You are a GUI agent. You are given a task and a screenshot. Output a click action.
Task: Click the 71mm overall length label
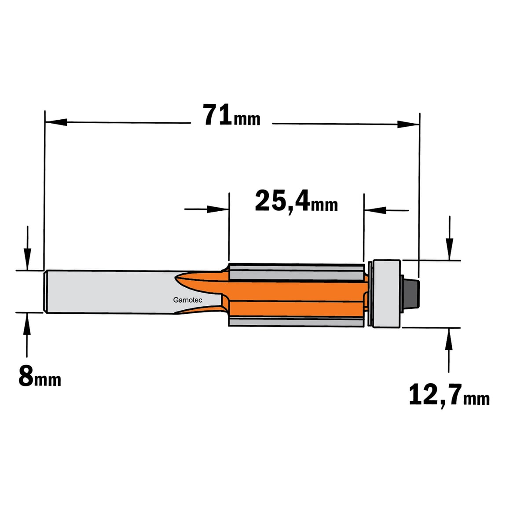231,115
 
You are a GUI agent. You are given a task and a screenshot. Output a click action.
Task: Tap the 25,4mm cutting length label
297,202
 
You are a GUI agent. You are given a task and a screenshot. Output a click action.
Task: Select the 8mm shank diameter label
40,377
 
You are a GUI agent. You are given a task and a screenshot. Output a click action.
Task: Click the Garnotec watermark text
188,300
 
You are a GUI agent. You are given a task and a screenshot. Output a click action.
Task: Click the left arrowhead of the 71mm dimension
56,122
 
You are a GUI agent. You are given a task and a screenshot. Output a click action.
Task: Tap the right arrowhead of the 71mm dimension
408,124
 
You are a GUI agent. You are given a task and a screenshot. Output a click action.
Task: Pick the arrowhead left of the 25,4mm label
218,209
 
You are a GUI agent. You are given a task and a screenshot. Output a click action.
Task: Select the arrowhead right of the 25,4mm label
375,210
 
